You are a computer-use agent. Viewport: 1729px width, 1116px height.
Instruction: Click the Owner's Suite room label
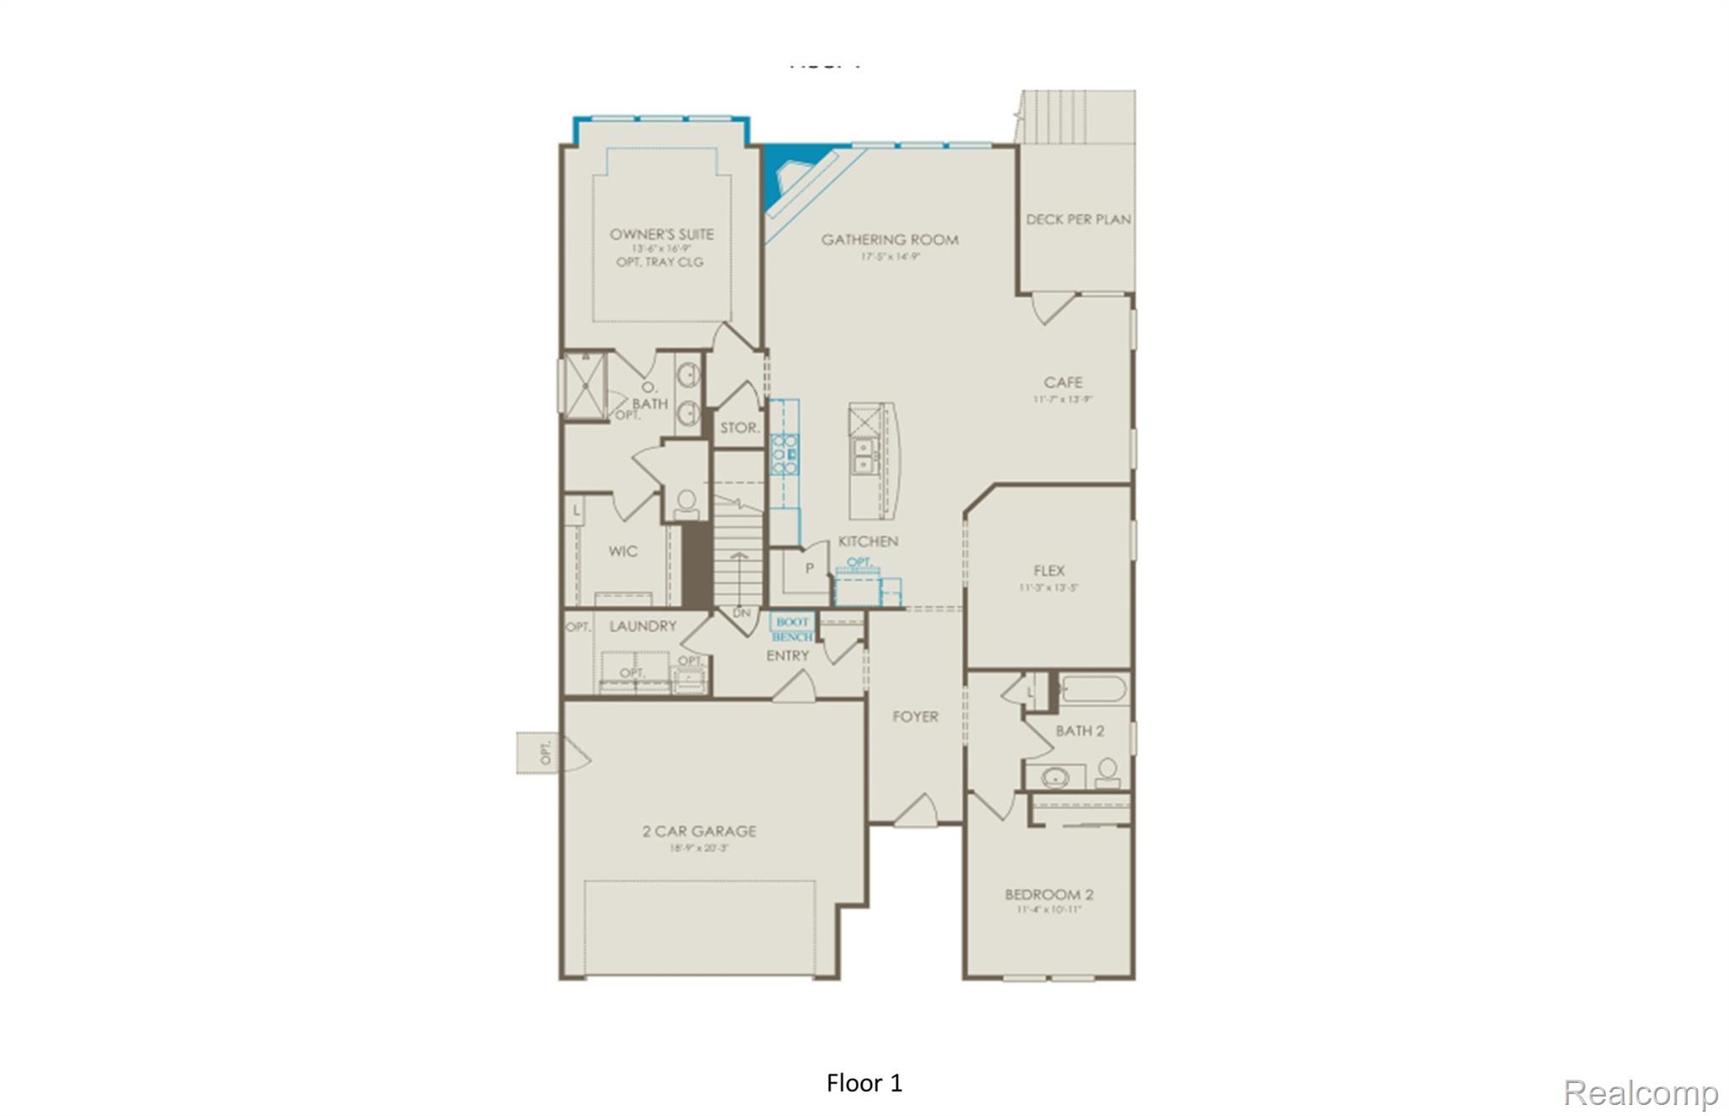pyautogui.click(x=661, y=234)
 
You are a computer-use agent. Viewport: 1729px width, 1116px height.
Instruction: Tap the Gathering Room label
pyautogui.click(x=890, y=240)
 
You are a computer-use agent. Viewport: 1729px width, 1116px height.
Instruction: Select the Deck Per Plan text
pyautogui.click(x=1078, y=220)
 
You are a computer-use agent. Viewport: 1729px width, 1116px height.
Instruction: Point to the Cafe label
pyautogui.click(x=1063, y=383)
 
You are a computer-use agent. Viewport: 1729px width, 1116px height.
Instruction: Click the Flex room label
pyautogui.click(x=1049, y=571)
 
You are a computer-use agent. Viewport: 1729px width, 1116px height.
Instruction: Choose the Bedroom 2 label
pyautogui.click(x=1049, y=895)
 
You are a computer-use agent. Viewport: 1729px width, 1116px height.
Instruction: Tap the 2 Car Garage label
pyautogui.click(x=699, y=831)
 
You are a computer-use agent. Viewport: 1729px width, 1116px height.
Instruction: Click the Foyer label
pyautogui.click(x=915, y=717)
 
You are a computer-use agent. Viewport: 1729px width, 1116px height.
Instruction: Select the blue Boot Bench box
pyautogui.click(x=792, y=629)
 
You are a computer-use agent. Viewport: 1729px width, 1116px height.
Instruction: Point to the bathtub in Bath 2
pyautogui.click(x=1092, y=689)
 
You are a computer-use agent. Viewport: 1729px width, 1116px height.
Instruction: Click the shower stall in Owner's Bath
pyautogui.click(x=584, y=386)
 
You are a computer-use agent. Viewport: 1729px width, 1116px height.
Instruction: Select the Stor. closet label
pyautogui.click(x=740, y=428)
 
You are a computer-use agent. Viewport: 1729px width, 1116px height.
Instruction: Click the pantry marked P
pyautogui.click(x=809, y=569)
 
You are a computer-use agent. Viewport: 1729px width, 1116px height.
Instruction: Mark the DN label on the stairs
pyautogui.click(x=741, y=613)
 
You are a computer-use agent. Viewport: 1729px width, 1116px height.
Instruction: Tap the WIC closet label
pyautogui.click(x=623, y=552)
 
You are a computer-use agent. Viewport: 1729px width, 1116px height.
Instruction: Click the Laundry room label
pyautogui.click(x=642, y=627)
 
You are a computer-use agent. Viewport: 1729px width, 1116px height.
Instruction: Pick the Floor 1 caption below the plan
pyautogui.click(x=864, y=1083)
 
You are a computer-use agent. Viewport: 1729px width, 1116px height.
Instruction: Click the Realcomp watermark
pyautogui.click(x=1640, y=1093)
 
